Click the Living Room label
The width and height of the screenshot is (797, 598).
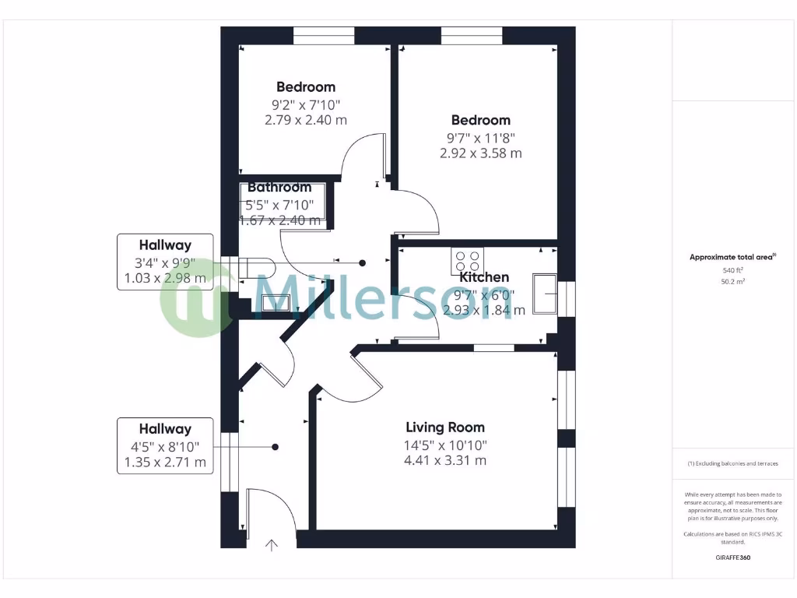(444, 427)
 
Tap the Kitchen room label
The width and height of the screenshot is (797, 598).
(484, 277)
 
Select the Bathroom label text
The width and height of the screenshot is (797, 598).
(279, 188)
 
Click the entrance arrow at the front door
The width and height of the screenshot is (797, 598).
(272, 546)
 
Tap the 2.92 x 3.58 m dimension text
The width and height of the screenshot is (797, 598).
(481, 153)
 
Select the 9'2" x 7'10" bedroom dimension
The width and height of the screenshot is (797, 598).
(306, 104)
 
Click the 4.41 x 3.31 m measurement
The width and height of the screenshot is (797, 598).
(444, 460)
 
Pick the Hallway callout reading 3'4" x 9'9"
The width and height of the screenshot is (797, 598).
(165, 262)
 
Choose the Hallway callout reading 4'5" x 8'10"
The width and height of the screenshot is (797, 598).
(165, 446)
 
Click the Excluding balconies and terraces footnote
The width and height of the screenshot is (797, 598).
(732, 463)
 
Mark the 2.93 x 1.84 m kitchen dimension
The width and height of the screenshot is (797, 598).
(484, 310)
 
